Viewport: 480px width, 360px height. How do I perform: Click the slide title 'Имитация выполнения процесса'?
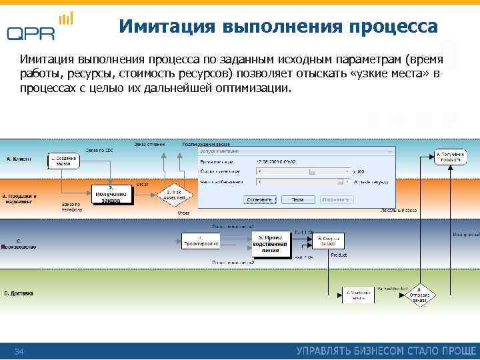[278, 26]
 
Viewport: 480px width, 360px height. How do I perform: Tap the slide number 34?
[19, 351]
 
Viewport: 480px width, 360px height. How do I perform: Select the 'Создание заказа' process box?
[63, 161]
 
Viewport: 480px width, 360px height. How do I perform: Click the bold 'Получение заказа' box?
[111, 193]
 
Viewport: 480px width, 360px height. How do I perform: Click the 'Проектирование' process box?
[200, 241]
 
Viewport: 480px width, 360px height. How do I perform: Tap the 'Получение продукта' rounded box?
[452, 156]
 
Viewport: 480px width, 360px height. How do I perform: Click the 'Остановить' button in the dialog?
[259, 199]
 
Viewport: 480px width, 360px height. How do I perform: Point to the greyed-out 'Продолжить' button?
[337, 199]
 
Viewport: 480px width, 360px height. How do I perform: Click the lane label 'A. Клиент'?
[19, 159]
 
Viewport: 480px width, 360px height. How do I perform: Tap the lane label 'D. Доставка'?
[19, 293]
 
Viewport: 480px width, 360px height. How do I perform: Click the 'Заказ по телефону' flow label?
[72, 207]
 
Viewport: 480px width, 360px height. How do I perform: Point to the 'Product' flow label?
[339, 255]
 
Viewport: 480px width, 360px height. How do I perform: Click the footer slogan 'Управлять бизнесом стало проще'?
[386, 351]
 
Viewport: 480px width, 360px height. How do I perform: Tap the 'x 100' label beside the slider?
[359, 171]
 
